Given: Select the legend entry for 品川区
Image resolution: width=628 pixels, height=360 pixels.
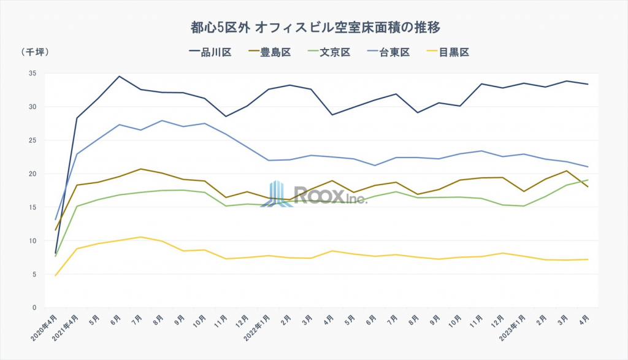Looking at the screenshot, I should pos(210,53).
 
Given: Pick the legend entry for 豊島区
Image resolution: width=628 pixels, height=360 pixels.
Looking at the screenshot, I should pos(270,53).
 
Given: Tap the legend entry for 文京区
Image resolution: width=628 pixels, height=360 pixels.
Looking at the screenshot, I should pos(329,53).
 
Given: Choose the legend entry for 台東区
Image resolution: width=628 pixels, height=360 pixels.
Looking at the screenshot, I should pos(389,53).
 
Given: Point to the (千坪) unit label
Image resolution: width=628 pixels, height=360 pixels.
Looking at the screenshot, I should pos(34,52).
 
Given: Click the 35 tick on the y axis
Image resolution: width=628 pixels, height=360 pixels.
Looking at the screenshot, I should pos(33,74).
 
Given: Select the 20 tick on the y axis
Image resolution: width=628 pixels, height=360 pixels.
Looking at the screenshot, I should pos(33,174).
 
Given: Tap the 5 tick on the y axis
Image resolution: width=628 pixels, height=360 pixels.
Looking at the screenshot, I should pos(34,274).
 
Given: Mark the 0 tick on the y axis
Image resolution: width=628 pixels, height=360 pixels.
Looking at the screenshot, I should pos(34,308).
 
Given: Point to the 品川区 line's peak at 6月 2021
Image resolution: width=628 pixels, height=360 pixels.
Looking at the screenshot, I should pos(119,77).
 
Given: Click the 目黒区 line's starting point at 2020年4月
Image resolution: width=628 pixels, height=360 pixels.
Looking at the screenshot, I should pos(56,275).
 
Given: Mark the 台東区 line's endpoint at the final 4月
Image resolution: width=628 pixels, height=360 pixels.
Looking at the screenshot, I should pos(588,167).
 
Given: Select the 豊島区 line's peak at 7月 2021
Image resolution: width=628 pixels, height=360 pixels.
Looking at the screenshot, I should pos(140,169).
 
